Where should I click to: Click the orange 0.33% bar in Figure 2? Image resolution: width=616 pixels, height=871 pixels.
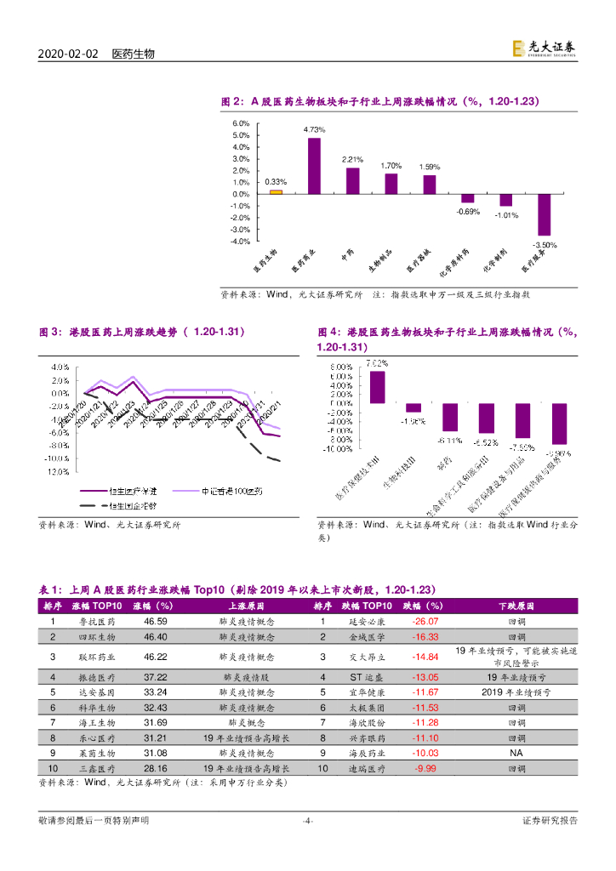275,191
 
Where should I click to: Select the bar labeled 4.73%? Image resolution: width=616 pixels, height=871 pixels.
314,166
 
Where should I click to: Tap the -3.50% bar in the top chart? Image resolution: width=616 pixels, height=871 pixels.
545,214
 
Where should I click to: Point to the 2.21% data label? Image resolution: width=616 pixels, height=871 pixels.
352,159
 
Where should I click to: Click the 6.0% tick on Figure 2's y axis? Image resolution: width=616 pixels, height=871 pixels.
241,123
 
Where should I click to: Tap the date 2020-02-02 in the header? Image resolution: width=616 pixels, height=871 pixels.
68,54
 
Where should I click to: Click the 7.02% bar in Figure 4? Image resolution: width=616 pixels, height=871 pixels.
377,387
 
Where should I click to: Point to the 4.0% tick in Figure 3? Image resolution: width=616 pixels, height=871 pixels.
60,368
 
